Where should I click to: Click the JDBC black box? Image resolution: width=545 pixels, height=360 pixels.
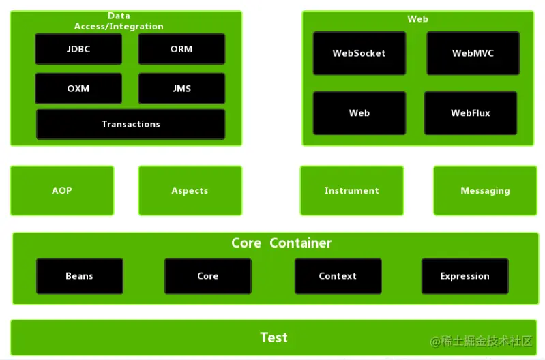point(78,49)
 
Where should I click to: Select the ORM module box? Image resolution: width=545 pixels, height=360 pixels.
point(181,49)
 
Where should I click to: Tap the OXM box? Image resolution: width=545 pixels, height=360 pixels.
point(78,89)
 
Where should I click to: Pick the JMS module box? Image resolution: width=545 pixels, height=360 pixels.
point(181,89)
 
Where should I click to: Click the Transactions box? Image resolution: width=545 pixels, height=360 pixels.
point(131,124)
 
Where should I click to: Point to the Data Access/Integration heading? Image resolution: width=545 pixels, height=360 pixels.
point(119,21)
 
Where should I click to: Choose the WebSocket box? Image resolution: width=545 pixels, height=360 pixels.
point(359,53)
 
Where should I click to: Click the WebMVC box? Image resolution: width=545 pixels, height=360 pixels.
point(473,53)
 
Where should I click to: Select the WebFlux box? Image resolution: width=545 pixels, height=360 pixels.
point(471,113)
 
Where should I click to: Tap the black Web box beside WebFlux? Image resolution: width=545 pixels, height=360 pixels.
point(359,113)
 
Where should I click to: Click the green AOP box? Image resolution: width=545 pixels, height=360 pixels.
point(62,191)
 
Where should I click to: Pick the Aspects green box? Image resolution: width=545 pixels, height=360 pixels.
point(190,191)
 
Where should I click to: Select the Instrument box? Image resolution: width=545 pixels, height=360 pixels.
point(352,191)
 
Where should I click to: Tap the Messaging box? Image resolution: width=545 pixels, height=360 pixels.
point(485,191)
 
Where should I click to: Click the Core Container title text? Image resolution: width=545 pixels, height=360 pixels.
point(282,243)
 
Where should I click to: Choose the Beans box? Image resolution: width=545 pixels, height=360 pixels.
point(80,276)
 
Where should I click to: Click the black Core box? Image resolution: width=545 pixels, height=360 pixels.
point(208,276)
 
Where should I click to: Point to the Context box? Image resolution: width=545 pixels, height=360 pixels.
point(338,276)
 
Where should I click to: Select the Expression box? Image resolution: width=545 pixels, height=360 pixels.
point(465,276)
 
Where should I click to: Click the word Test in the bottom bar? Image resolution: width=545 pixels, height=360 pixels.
point(274,337)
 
